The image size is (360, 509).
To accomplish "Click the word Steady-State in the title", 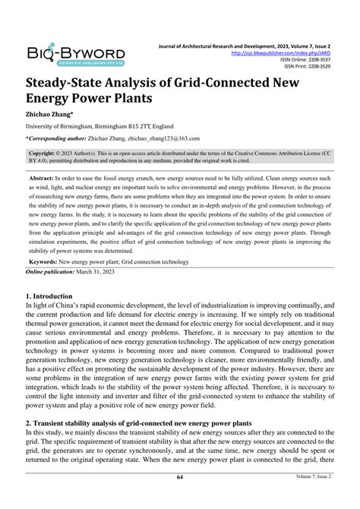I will click(68, 81).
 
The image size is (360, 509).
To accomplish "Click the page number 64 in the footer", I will click(179, 498).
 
